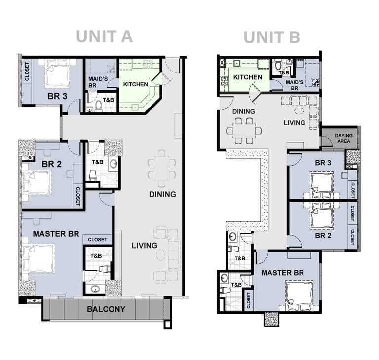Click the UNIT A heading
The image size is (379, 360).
(104, 36)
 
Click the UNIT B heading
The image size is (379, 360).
(272, 37)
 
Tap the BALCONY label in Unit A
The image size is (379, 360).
(106, 309)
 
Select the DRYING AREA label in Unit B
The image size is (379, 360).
(343, 138)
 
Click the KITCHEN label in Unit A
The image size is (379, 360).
(135, 84)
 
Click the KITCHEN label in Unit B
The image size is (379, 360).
(248, 77)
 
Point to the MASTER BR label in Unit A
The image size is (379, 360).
(56, 234)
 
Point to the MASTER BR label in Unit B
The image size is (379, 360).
(283, 273)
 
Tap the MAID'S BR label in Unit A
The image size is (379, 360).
(98, 82)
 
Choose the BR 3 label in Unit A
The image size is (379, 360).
(57, 96)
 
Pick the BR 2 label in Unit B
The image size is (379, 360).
(323, 235)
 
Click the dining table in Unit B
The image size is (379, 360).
(244, 131)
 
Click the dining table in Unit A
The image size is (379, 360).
(162, 168)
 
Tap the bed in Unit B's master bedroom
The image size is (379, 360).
(299, 294)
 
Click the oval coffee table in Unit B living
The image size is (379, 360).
(300, 111)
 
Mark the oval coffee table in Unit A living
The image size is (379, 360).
(161, 254)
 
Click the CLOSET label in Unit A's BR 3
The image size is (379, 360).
(27, 72)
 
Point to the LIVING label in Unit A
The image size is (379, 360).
(144, 246)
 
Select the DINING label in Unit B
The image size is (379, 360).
(244, 111)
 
